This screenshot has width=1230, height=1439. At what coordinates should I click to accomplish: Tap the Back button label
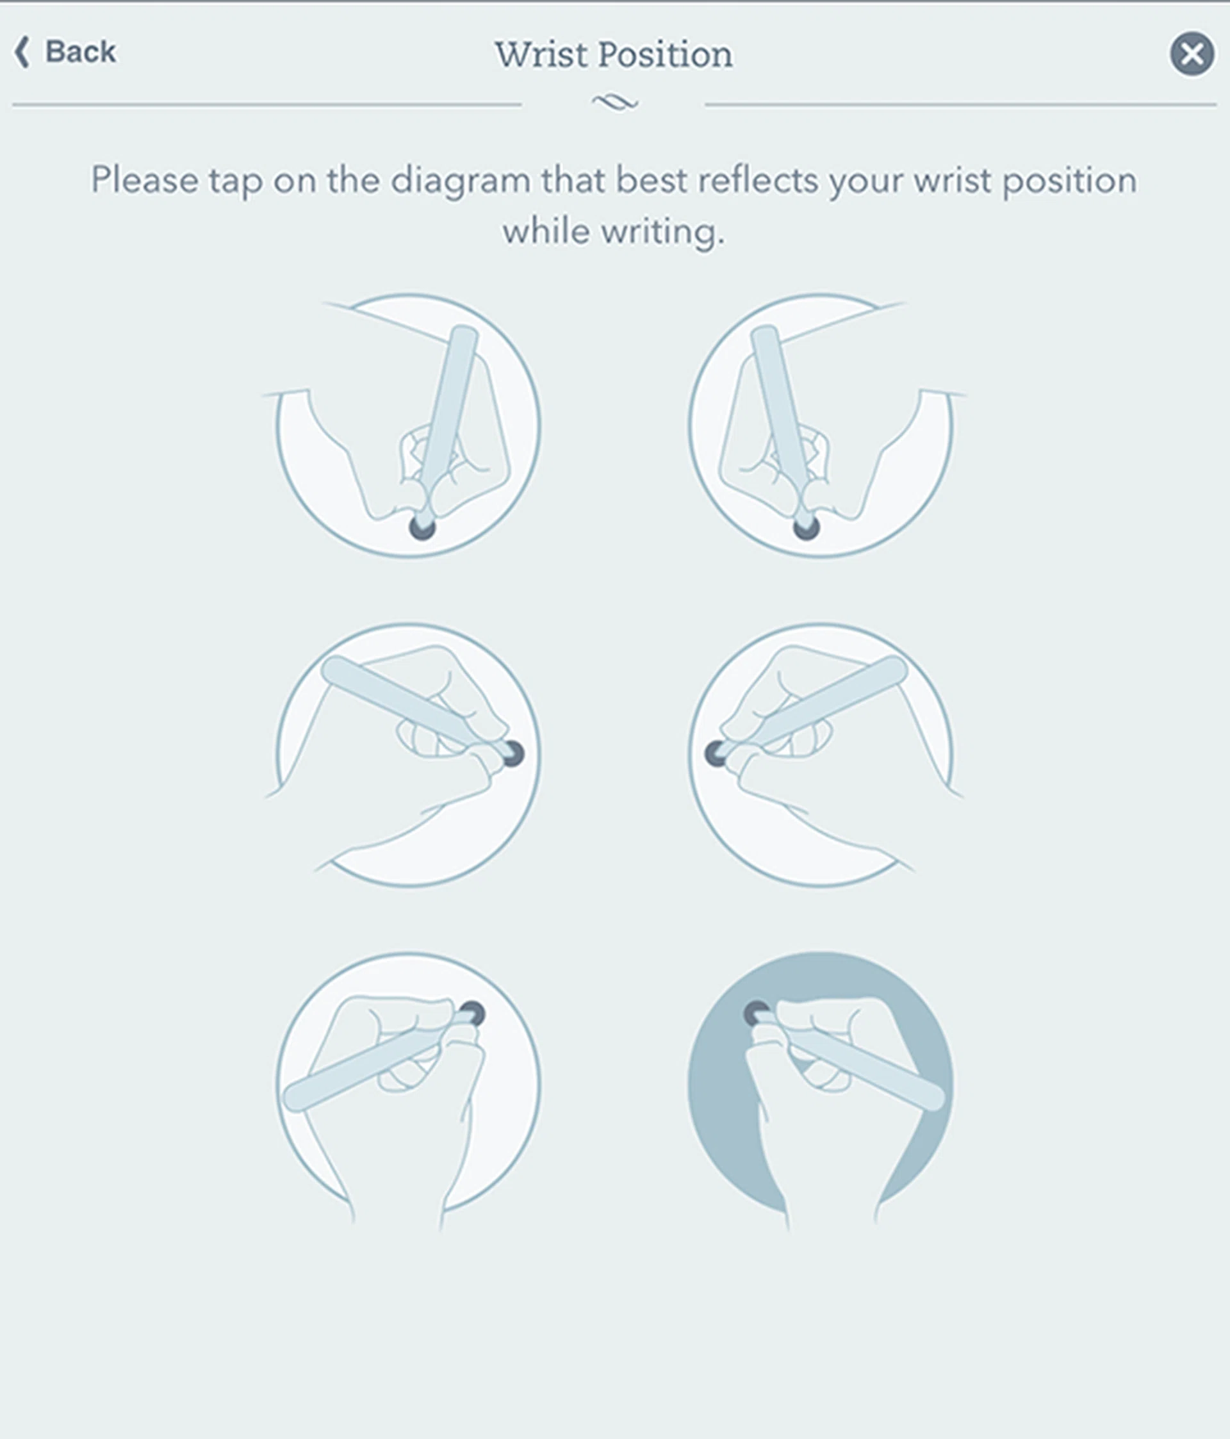pyautogui.click(x=81, y=52)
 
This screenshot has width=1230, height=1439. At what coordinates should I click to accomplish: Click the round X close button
pyautogui.click(x=1192, y=53)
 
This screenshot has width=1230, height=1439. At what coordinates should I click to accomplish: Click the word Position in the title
pyautogui.click(x=666, y=54)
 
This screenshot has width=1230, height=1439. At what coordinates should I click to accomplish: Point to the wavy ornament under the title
pyautogui.click(x=614, y=103)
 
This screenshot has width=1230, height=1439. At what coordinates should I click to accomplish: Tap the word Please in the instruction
pyautogui.click(x=144, y=181)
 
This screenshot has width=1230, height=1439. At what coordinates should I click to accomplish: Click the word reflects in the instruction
pyautogui.click(x=758, y=181)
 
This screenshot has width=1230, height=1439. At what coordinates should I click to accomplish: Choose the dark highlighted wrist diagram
pyautogui.click(x=820, y=1084)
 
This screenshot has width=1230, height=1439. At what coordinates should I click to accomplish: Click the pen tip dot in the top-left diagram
pyautogui.click(x=422, y=527)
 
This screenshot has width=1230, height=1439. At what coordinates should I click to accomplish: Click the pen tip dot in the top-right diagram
pyautogui.click(x=806, y=527)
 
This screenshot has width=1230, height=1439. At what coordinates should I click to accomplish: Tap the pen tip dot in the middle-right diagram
pyautogui.click(x=716, y=753)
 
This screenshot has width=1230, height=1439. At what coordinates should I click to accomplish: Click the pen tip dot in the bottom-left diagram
pyautogui.click(x=471, y=1014)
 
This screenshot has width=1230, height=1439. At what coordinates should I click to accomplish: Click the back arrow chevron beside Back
pyautogui.click(x=22, y=52)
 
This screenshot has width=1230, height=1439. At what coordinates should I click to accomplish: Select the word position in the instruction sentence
pyautogui.click(x=1070, y=181)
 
